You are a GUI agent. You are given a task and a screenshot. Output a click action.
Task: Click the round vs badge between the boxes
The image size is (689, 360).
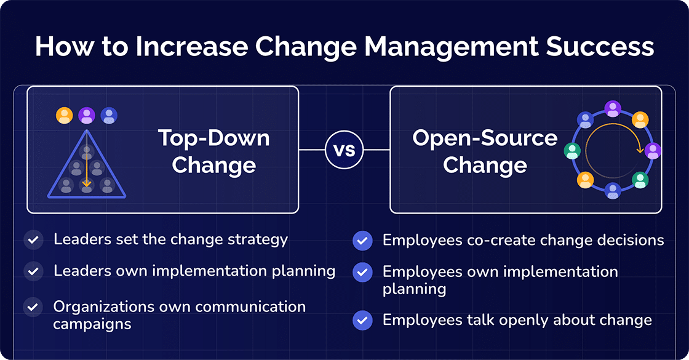coord(344,150)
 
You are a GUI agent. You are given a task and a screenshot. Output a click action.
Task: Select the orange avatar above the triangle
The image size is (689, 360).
coord(64,115)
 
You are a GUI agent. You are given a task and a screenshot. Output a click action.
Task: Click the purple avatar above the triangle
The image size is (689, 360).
coord(86,115)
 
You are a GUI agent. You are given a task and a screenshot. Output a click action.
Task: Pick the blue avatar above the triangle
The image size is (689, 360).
coord(109,115)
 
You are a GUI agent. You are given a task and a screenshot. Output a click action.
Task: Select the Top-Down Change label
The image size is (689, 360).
coord(213,151)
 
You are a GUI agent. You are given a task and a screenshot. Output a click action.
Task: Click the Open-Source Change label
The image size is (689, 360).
coord(485,151)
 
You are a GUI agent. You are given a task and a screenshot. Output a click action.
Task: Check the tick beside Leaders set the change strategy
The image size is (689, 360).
coord(33,239)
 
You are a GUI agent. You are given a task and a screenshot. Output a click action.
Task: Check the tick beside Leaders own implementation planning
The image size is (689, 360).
coord(33,271)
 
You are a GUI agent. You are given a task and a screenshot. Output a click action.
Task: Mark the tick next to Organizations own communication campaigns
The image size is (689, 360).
coord(33,306)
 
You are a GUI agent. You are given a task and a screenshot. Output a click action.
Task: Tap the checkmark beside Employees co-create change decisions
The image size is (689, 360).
coord(362,240)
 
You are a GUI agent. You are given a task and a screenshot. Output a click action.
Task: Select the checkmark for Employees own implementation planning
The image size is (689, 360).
coord(362,271)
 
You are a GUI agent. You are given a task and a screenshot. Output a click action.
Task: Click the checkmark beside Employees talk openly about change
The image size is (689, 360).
coord(362,320)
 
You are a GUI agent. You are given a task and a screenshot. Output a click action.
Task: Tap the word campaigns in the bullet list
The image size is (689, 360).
coord(92,324)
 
